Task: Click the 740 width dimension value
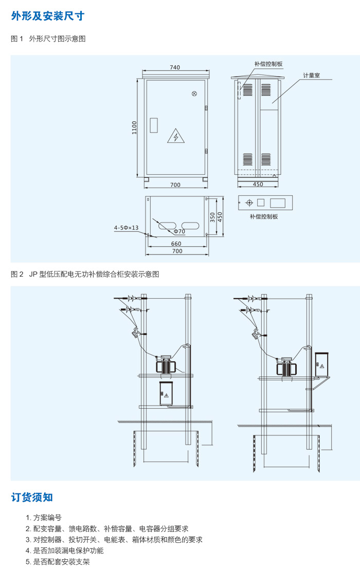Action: (175, 67)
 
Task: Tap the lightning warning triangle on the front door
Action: (175, 136)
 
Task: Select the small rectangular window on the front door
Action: (153, 126)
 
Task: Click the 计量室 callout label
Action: (311, 75)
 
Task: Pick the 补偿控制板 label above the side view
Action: (268, 64)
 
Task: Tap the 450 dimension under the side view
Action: (258, 185)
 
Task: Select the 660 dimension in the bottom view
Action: (176, 244)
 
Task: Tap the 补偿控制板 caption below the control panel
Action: (264, 216)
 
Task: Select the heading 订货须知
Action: (32, 497)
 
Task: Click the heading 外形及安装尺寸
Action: (48, 16)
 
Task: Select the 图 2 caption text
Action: (85, 274)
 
